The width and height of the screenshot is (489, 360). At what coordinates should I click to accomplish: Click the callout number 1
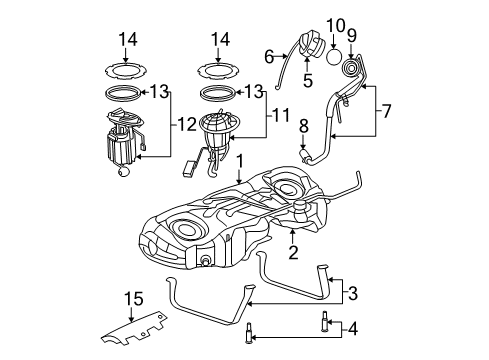point(240,160)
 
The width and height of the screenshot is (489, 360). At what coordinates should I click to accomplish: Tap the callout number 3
point(353,293)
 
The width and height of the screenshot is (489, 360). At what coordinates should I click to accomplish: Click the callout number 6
point(269,58)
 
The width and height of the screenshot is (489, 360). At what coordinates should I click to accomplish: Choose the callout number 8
point(303,126)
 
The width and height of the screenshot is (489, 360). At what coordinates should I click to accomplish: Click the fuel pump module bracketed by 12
point(124,145)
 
